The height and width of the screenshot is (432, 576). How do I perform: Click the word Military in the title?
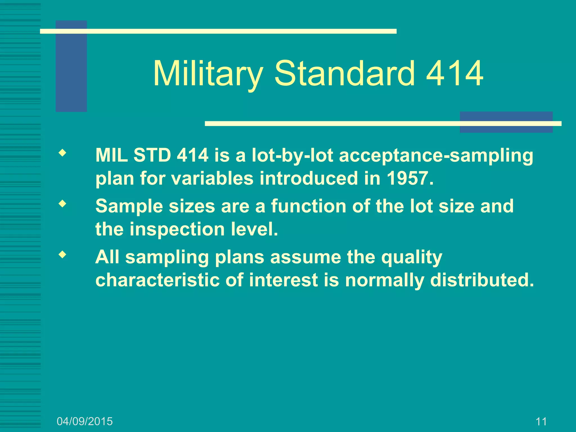[x=208, y=74]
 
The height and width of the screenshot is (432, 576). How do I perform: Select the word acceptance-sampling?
[x=436, y=156]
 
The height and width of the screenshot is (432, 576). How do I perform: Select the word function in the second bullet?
[x=309, y=206]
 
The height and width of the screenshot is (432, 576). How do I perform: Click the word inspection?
[x=177, y=229]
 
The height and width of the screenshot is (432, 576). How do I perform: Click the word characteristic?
[x=157, y=280]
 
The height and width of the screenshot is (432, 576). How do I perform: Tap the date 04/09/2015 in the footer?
[x=85, y=421]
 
